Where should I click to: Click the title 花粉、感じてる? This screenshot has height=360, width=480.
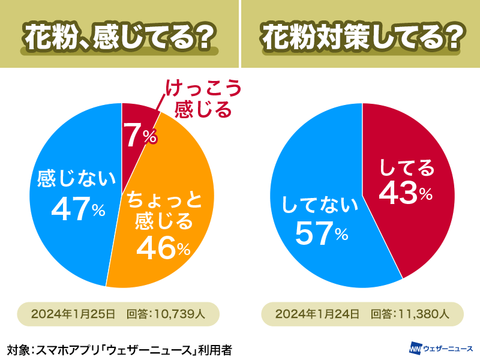point(119,38)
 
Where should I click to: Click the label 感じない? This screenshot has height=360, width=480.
point(76,178)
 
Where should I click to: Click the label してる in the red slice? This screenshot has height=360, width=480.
point(407,167)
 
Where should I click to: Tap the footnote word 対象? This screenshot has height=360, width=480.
point(17,349)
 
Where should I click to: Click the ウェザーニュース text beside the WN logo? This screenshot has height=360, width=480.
point(448,348)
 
